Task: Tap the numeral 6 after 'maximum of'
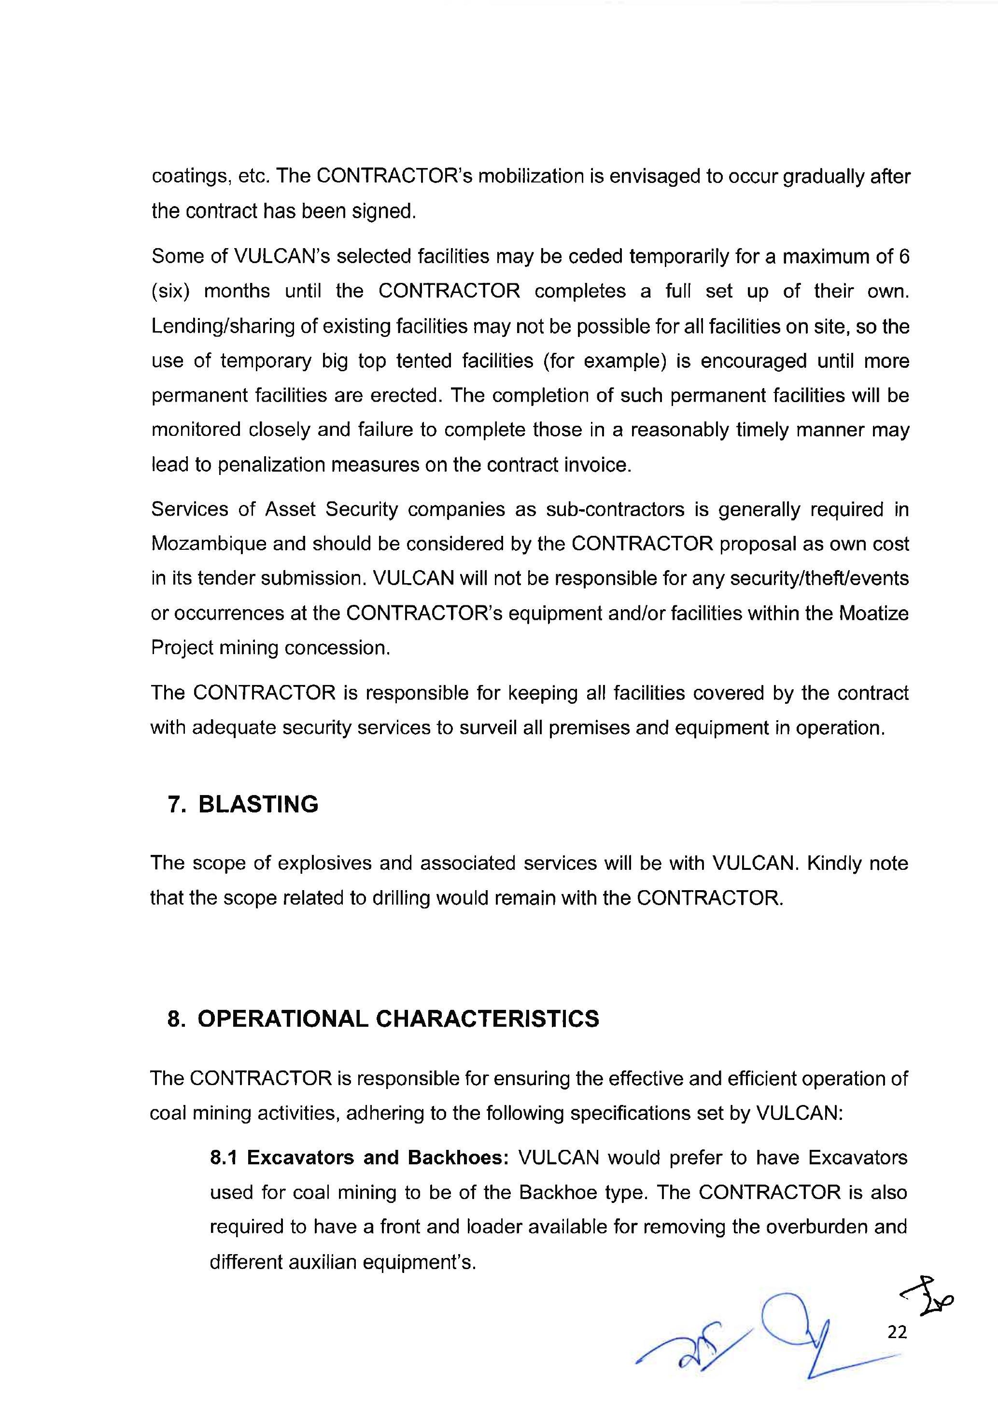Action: pos(903,256)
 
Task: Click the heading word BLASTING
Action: pos(258,804)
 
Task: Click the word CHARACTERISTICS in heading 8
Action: pos(487,1019)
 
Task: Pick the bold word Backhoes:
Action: pos(458,1158)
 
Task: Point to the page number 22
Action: pos(897,1332)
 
